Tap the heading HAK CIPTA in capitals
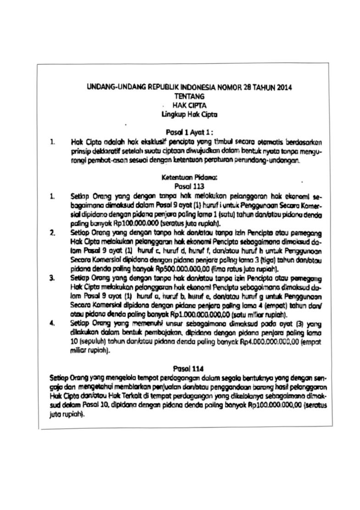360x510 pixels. tap(189, 105)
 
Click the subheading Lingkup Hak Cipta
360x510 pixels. tap(189, 114)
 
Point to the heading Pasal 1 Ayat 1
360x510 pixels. tap(189, 132)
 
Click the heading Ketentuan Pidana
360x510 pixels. tap(188, 177)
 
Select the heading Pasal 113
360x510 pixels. tap(188, 186)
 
